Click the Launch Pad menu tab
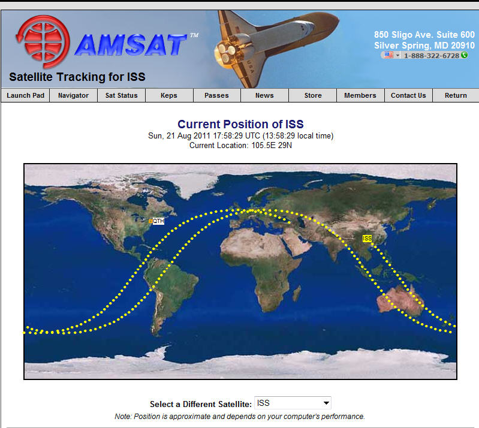point(25,95)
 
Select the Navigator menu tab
point(73,95)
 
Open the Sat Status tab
point(121,95)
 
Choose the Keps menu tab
point(169,95)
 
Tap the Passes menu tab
point(216,95)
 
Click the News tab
point(264,95)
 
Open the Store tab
point(313,95)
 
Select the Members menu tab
point(360,95)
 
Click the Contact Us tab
point(408,95)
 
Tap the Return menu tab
point(456,95)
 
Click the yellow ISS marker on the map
point(367,239)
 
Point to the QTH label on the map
point(158,221)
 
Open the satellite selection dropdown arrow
point(326,403)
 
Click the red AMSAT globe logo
point(43,41)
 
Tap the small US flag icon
point(388,55)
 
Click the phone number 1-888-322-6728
point(432,56)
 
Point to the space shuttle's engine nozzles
point(227,53)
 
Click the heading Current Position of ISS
point(240,124)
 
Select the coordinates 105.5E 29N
point(272,145)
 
